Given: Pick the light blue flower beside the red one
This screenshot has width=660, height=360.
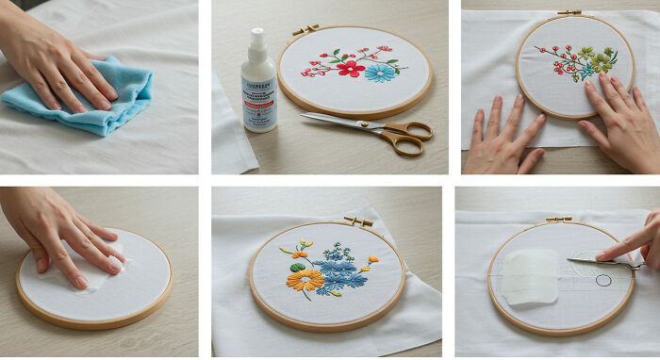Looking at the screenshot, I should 381,72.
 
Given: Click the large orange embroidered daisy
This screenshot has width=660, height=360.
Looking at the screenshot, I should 305,279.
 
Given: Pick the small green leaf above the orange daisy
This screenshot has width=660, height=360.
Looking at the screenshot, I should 297,266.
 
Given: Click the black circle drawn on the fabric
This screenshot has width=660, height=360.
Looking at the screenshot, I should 603,280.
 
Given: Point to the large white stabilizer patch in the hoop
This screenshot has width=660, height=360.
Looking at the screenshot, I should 531,276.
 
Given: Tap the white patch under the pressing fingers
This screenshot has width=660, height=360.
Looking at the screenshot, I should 90,264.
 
